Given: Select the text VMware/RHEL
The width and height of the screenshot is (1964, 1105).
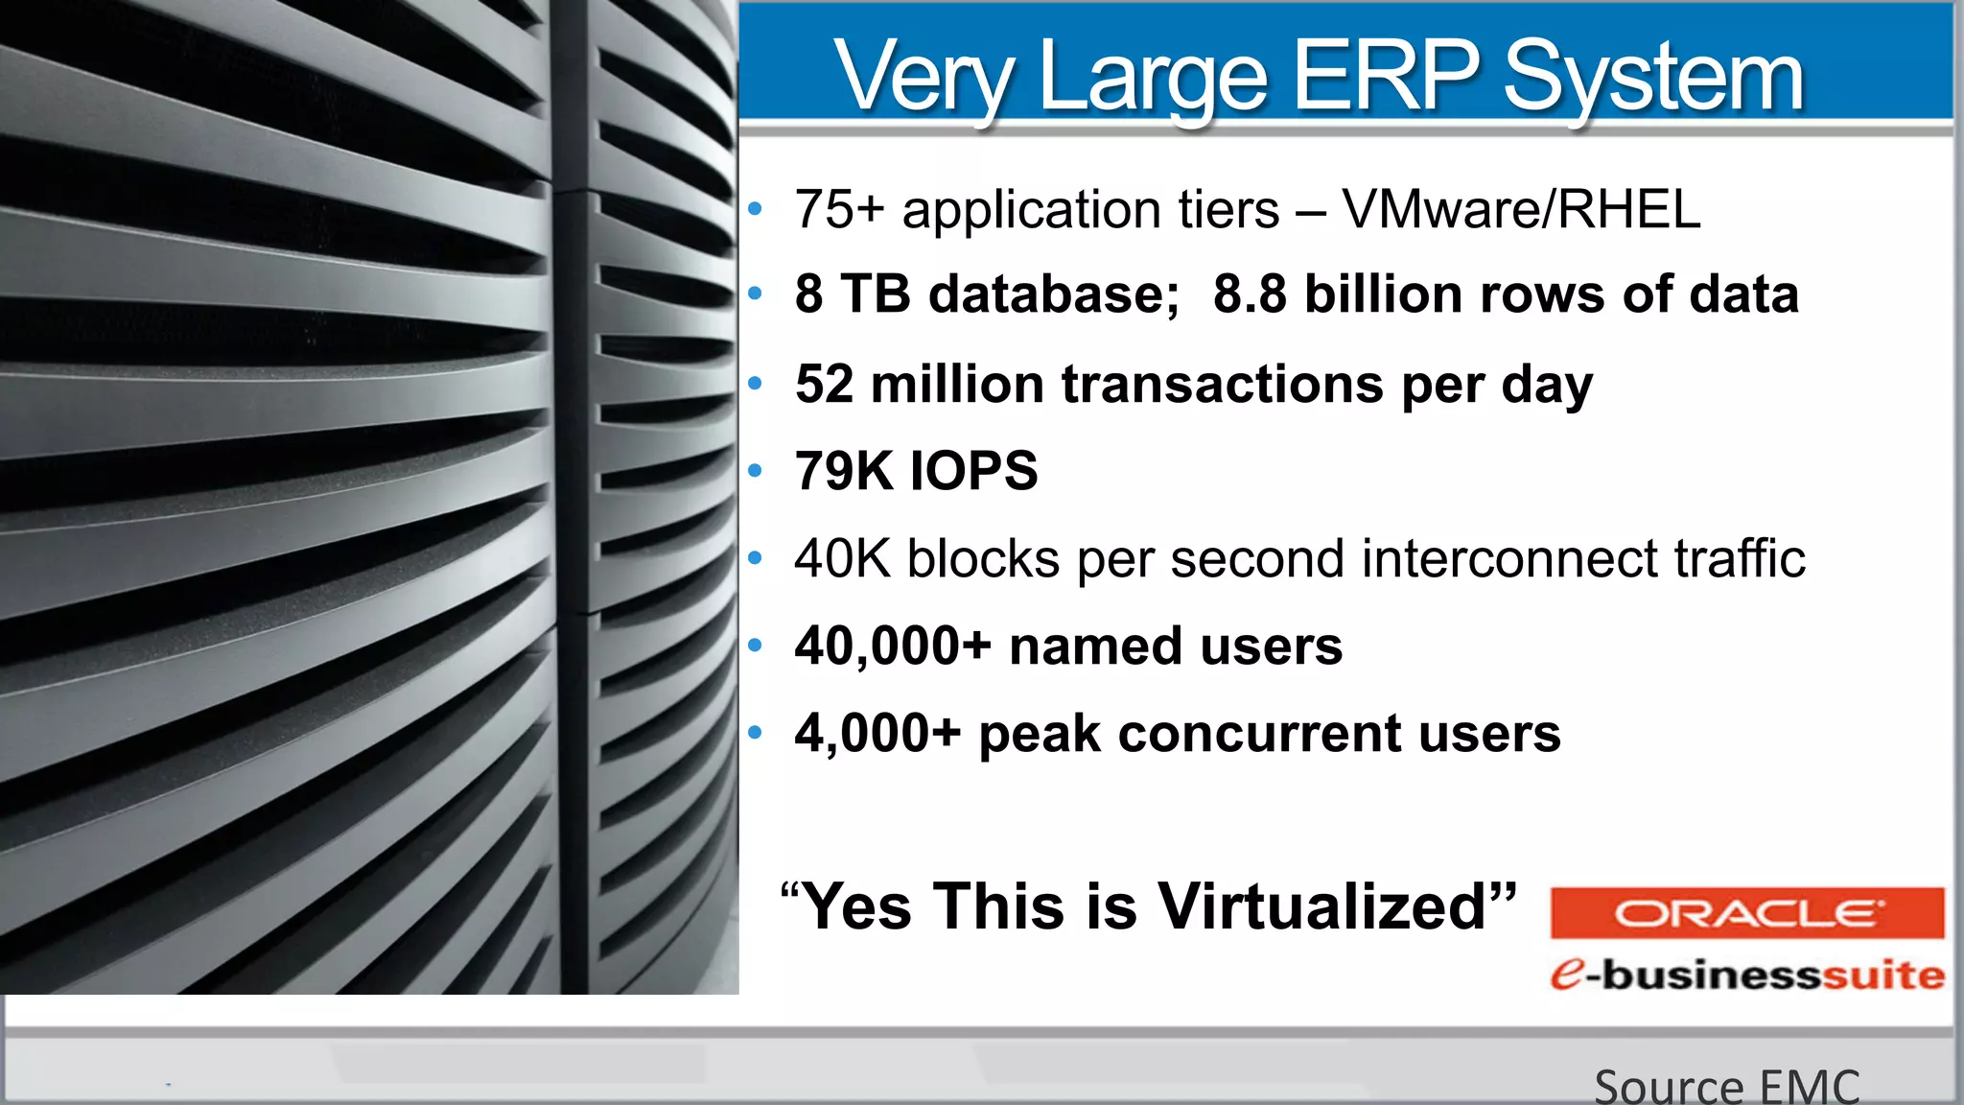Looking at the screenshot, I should [1521, 209].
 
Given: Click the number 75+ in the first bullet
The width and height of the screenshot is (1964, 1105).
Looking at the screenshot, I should [838, 209].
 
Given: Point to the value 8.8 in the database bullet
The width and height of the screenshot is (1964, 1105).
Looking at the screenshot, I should [1251, 294].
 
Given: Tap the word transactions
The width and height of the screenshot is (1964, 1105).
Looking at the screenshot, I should [1223, 384].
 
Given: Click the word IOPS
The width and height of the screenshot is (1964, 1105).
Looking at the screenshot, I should [973, 470].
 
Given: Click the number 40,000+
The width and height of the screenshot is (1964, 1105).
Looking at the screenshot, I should [892, 646].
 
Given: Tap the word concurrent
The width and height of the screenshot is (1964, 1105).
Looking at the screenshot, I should [1259, 734].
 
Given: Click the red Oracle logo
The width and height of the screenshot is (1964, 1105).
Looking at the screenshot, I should [1746, 913].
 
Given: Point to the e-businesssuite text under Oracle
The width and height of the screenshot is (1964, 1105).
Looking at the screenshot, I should [1746, 975].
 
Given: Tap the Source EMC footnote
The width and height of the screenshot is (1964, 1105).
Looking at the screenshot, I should [1726, 1086].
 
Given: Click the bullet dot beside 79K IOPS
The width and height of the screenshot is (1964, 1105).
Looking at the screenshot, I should [756, 471].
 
